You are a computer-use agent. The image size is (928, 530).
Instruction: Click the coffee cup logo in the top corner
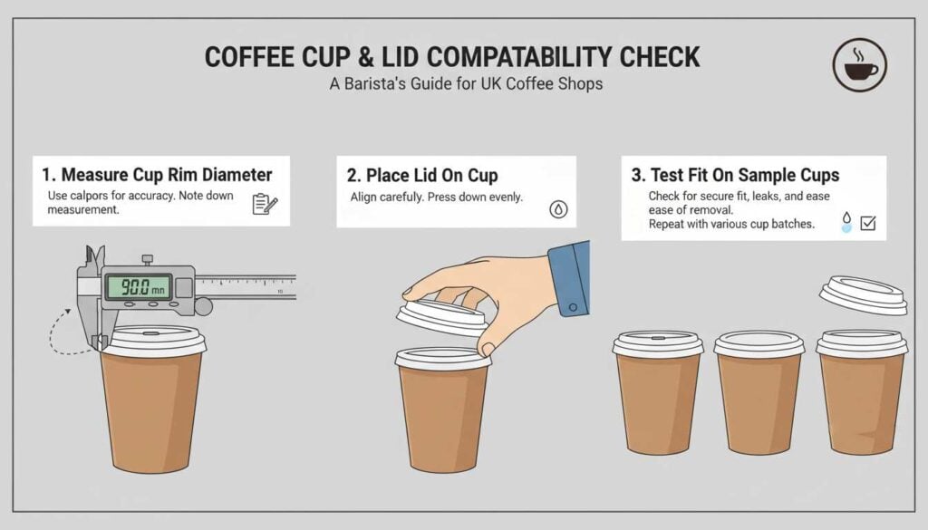click(x=859, y=65)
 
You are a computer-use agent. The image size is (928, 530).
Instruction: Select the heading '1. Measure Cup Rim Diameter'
click(x=157, y=174)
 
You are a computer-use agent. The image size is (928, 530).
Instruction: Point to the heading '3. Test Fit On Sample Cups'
click(x=735, y=175)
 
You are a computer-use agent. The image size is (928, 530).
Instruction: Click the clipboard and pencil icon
click(x=265, y=204)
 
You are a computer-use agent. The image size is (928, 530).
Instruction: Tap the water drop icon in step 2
click(x=559, y=209)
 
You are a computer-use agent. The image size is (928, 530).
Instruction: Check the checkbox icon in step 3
click(x=867, y=222)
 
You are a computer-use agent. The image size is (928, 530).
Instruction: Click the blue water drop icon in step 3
click(x=846, y=223)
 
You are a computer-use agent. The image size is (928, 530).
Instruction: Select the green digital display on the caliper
click(x=138, y=286)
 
